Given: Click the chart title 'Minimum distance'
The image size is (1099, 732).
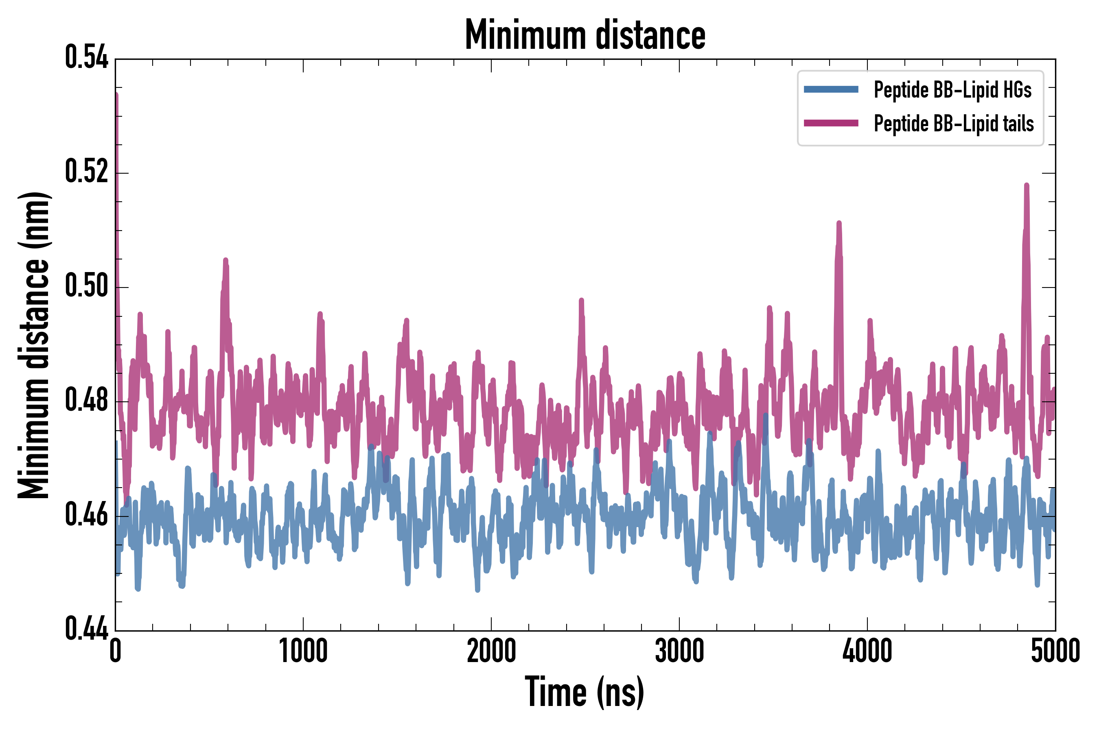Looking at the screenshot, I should point(585,35).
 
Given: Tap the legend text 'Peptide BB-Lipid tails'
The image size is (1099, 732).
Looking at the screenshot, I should point(954,124).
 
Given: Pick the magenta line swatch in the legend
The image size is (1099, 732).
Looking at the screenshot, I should point(831,123).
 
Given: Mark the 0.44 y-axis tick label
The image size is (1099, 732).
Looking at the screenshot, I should point(86,629).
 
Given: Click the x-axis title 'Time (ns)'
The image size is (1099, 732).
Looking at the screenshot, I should point(585,692).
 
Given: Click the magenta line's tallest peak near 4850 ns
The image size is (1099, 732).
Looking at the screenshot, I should point(1027,186).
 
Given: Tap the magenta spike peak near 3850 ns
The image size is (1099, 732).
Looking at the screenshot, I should point(839,224).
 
